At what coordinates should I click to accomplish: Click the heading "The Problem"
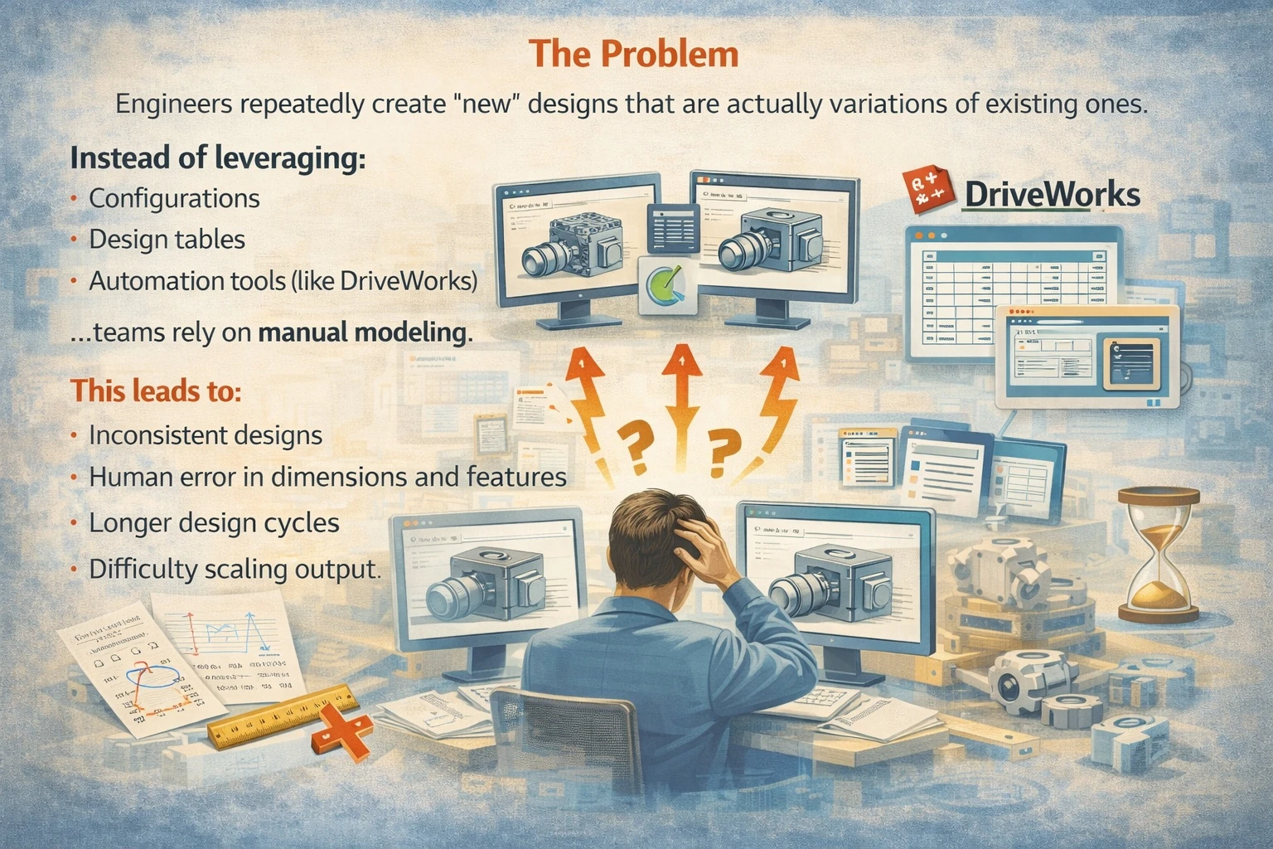point(634,54)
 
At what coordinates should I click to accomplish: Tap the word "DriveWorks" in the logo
point(1053,194)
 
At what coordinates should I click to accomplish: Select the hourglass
point(1159,553)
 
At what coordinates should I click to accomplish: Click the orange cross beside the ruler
point(341,732)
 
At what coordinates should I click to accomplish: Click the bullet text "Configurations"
point(174,198)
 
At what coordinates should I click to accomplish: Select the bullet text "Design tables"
point(167,240)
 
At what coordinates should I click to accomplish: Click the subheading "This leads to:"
point(156,391)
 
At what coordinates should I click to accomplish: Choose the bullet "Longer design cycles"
point(214,523)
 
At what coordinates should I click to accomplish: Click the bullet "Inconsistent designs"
point(206,435)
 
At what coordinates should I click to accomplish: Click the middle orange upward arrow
point(682,390)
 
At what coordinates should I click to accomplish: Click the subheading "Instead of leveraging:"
point(217,157)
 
